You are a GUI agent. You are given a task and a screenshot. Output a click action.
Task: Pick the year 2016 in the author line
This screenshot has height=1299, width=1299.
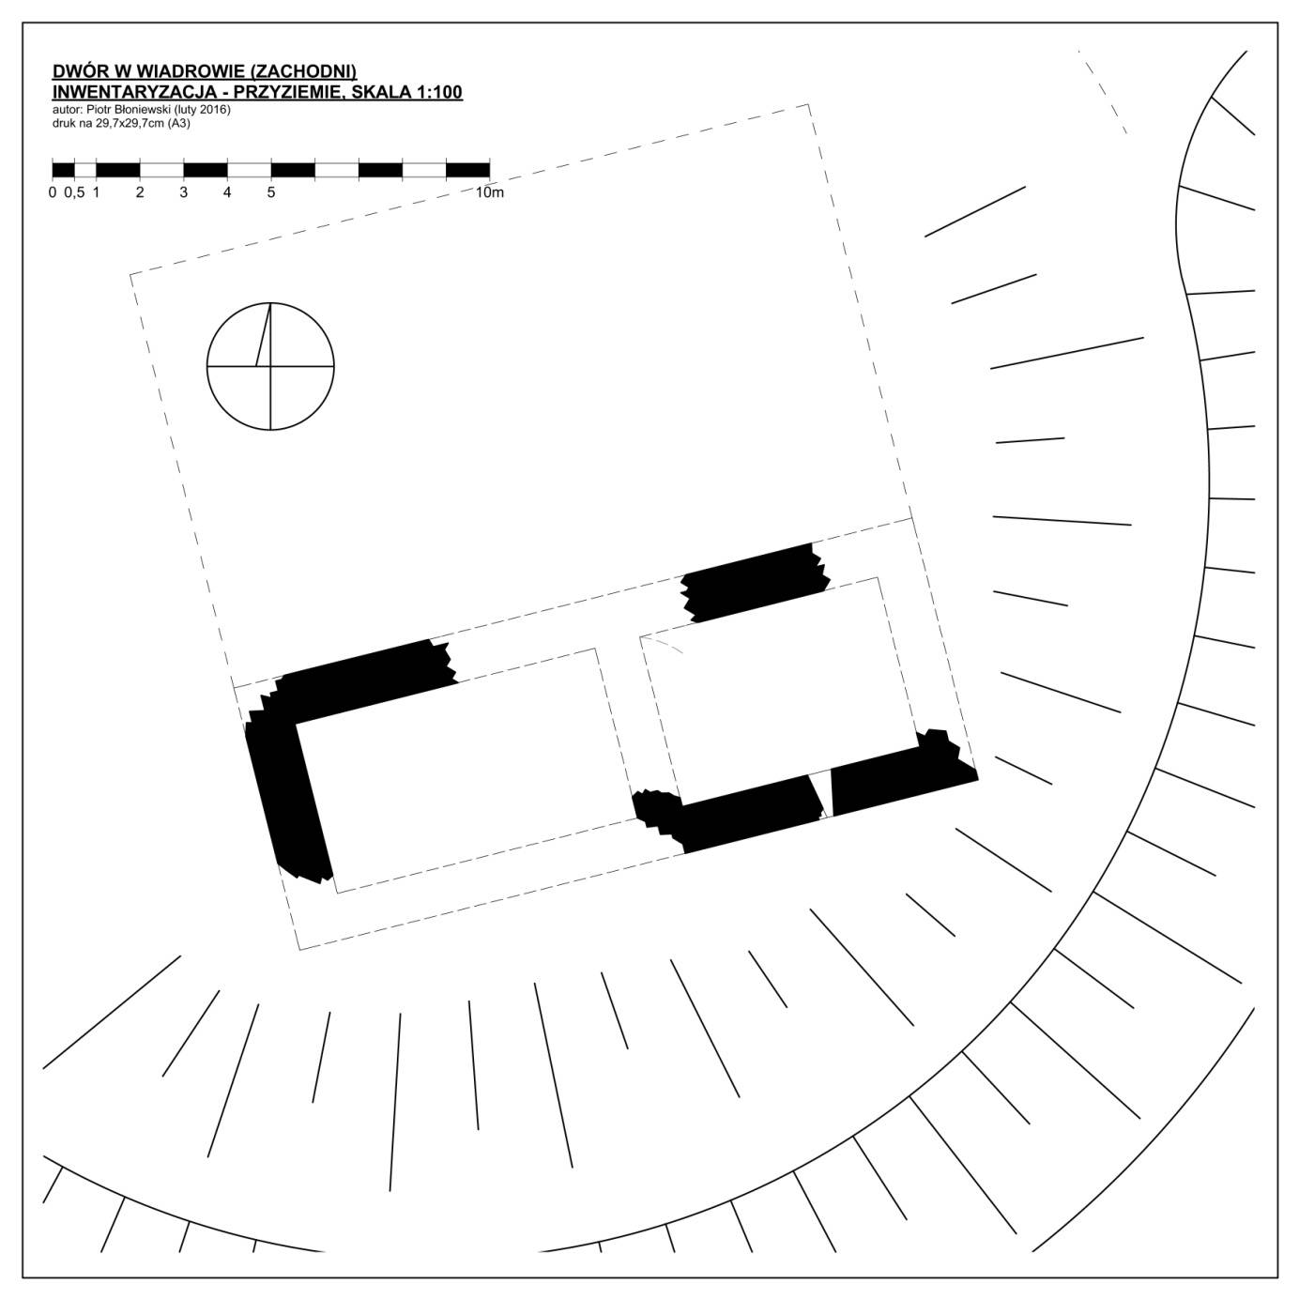tap(213, 110)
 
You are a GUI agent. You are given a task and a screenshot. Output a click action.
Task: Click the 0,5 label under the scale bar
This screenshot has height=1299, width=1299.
tap(75, 192)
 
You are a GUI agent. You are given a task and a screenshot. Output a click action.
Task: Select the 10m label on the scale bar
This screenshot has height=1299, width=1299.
tap(489, 192)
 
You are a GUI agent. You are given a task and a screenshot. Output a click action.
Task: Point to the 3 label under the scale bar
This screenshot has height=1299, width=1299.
tap(183, 192)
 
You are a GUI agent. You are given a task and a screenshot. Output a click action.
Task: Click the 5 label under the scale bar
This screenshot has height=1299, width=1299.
tap(271, 192)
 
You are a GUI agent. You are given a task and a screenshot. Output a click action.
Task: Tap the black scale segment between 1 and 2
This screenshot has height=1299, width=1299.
tap(118, 170)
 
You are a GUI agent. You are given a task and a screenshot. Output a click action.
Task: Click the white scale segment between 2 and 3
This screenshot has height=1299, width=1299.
tap(161, 170)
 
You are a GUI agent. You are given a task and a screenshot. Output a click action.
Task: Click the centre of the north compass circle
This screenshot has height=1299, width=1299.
tap(270, 367)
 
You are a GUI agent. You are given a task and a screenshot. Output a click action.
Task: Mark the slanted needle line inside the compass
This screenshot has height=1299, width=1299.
tap(263, 335)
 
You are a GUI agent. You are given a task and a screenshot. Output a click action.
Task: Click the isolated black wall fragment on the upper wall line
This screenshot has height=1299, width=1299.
tap(755, 583)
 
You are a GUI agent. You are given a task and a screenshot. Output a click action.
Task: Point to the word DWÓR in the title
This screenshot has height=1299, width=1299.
tap(78, 71)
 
